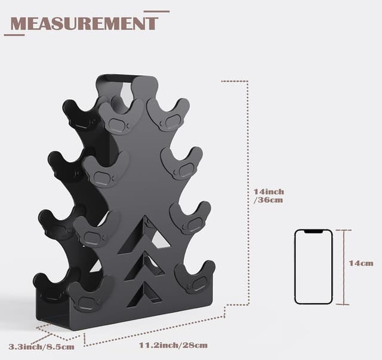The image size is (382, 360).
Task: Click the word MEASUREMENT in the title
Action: (x=84, y=23)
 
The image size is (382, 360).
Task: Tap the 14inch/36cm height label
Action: (x=269, y=196)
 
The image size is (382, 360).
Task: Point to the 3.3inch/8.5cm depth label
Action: (x=42, y=346)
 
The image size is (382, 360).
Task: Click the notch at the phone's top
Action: (x=313, y=232)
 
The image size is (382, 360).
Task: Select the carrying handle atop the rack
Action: (x=122, y=78)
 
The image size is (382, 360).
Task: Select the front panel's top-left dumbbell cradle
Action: (x=118, y=116)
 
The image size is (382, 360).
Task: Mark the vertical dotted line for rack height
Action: (x=248, y=191)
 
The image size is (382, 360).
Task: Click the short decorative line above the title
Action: (x=156, y=11)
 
